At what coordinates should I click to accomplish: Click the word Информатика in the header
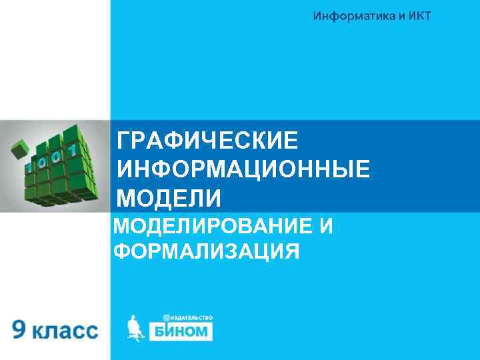(x=351, y=16)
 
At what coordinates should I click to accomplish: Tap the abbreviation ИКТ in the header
(x=417, y=16)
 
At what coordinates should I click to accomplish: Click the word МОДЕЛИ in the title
(x=169, y=198)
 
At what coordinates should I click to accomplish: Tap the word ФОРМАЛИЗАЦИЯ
(x=206, y=252)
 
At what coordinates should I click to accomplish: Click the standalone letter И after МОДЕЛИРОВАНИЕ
(x=326, y=227)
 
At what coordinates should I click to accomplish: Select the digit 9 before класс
(x=20, y=329)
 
